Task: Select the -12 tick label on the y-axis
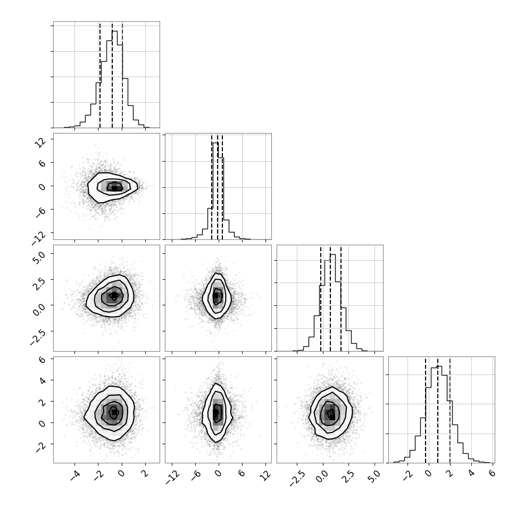[x=39, y=238]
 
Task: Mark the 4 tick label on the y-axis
[x=41, y=380]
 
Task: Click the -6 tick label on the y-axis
[x=40, y=213]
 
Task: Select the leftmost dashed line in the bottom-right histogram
[x=426, y=410]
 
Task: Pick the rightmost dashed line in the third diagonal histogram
[x=341, y=299]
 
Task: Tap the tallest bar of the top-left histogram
[x=114, y=79]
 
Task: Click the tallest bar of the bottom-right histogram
[x=439, y=414]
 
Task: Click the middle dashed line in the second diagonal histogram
[x=218, y=187]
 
